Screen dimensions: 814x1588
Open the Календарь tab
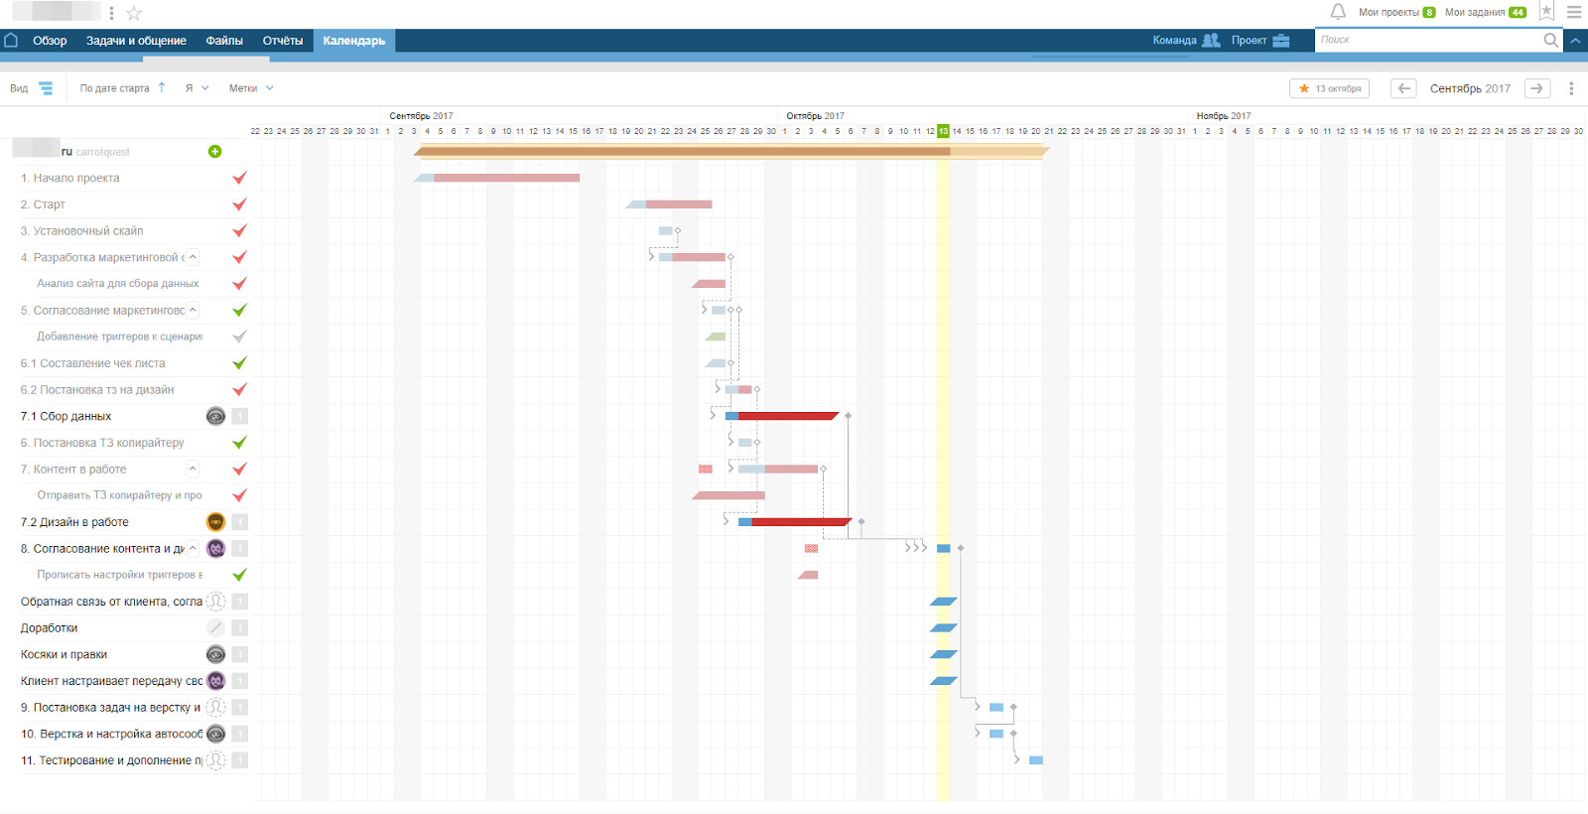click(x=353, y=41)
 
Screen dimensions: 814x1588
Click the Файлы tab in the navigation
click(x=224, y=41)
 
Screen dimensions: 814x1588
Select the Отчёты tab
click(x=283, y=41)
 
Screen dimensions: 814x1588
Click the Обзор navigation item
click(x=50, y=41)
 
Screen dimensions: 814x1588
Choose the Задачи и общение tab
click(x=136, y=41)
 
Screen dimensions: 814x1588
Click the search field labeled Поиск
click(x=1429, y=40)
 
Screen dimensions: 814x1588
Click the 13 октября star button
click(x=1329, y=88)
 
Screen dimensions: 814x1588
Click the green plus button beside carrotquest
click(x=214, y=152)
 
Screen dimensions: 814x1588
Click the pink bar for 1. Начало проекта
click(x=506, y=178)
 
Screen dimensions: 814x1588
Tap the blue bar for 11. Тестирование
click(x=1036, y=760)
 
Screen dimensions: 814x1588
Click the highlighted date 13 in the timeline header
click(x=943, y=131)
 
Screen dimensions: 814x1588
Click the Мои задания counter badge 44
click(x=1518, y=13)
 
